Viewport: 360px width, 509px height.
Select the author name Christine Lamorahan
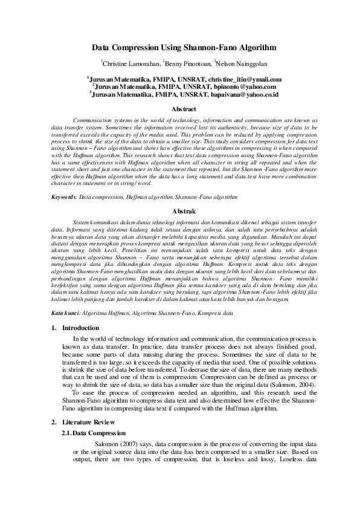129,63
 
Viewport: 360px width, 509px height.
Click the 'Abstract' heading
184,109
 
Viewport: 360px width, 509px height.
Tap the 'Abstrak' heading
184,211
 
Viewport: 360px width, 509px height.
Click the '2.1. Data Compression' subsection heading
94,433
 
